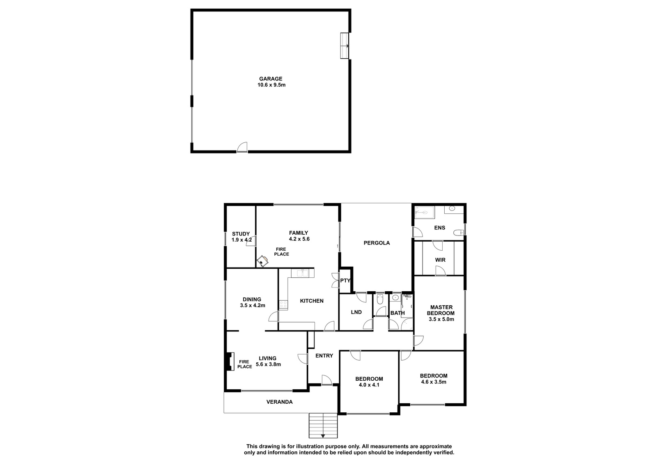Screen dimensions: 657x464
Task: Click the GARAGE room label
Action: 271,79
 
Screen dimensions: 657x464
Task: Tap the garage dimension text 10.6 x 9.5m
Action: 271,85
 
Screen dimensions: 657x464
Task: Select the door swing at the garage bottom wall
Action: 242,147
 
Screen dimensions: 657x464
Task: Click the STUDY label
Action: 241,234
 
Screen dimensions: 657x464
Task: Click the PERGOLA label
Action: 377,243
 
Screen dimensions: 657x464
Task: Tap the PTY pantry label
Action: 345,281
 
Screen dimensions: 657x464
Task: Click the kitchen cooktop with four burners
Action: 283,304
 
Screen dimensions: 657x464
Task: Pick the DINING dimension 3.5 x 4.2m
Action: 253,305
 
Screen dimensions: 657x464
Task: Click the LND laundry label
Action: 356,312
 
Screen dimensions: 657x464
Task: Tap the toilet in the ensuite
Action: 458,233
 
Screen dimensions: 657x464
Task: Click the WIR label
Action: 440,260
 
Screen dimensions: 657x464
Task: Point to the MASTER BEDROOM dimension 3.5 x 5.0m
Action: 441,319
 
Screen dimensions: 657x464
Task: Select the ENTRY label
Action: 324,356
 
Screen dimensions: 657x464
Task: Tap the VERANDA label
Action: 280,402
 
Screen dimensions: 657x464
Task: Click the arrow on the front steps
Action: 323,436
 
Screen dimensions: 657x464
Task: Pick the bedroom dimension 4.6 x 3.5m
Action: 434,382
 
